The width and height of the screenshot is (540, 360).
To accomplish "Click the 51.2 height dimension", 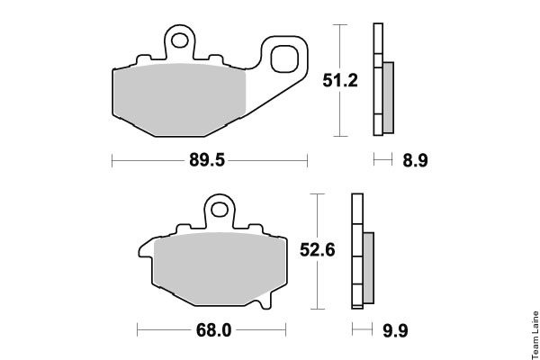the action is (x=340, y=80).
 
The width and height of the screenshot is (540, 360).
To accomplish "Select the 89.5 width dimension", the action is (x=207, y=160).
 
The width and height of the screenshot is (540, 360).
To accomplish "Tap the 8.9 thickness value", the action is (x=415, y=160).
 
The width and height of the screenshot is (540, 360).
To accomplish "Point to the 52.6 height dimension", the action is (x=317, y=250).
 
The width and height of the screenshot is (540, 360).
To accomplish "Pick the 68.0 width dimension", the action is (x=214, y=330).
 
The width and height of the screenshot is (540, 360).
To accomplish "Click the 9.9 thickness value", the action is (x=395, y=330).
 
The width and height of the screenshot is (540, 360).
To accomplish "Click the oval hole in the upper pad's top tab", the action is (x=180, y=40).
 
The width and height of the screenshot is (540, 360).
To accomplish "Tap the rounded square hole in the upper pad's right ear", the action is (x=284, y=58).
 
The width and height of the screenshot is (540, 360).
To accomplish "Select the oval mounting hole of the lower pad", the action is (x=220, y=210).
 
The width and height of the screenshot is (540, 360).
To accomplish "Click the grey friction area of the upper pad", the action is (x=180, y=100).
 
